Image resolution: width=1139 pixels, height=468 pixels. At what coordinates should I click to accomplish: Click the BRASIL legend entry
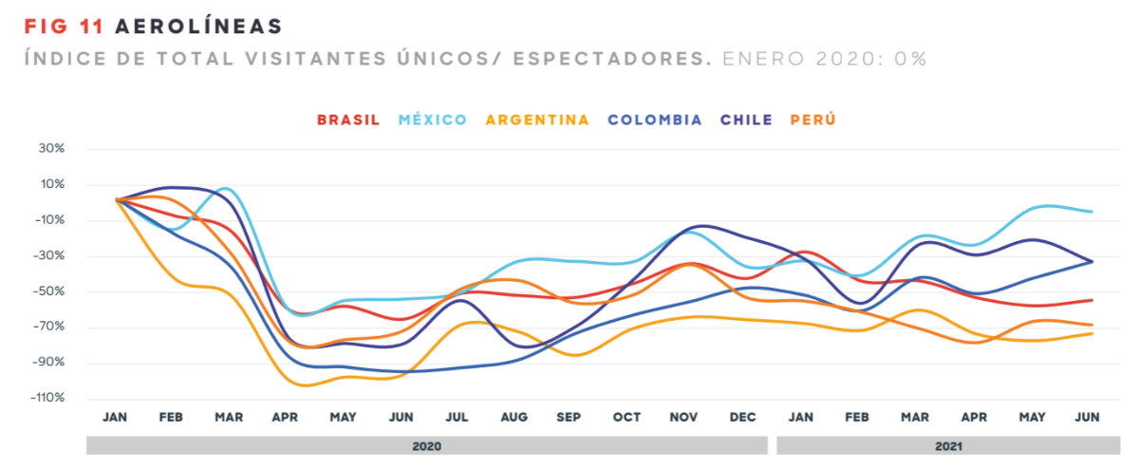(348, 121)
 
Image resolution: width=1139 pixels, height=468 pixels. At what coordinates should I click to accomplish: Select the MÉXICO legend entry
(433, 121)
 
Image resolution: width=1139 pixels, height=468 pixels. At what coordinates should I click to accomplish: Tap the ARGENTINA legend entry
(537, 121)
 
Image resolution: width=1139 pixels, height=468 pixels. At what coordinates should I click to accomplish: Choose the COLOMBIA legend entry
(655, 121)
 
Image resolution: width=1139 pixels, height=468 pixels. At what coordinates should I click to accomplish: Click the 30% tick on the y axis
(52, 149)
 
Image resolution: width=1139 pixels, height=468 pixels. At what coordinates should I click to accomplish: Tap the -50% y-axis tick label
(49, 291)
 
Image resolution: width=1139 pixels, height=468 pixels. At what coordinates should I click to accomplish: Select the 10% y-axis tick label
(52, 185)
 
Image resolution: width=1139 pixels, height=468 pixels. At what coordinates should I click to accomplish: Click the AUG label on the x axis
(513, 418)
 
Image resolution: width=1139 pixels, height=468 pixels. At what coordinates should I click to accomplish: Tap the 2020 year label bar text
(426, 445)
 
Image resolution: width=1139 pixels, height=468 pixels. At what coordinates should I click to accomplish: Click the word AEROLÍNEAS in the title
(199, 26)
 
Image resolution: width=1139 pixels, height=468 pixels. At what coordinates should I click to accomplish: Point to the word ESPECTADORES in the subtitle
(612, 59)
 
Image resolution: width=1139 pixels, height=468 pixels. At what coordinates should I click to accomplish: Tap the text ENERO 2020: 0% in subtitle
(824, 59)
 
